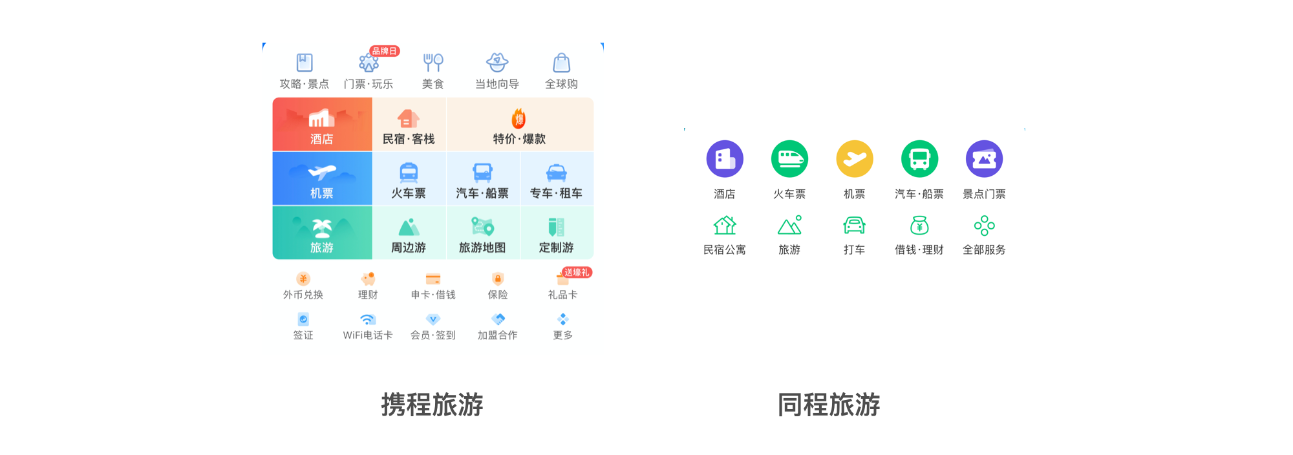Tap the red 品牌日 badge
point(385,51)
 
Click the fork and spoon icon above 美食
point(433,63)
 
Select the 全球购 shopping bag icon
point(561,63)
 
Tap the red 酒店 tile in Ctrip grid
point(322,125)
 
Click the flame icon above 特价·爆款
point(518,119)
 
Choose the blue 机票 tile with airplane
point(322,179)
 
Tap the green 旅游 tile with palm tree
point(322,233)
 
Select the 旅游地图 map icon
point(482,227)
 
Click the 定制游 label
point(556,248)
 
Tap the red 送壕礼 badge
point(577,273)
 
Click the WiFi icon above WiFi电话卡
point(367,319)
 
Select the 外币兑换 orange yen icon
point(303,279)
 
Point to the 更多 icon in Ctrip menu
point(562,319)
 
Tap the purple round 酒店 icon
point(725,159)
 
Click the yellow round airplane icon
point(854,159)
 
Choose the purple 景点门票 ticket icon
point(984,159)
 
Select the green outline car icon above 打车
point(854,226)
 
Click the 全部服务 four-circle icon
point(984,226)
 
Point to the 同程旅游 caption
point(828,405)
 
